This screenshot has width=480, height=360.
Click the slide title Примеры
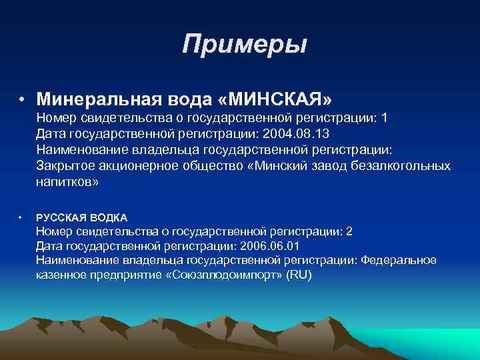[244, 45]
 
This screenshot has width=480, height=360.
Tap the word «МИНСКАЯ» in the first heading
[274, 99]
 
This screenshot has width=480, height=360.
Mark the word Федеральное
[398, 260]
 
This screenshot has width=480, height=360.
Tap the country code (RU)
[298, 275]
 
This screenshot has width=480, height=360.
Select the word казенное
[61, 275]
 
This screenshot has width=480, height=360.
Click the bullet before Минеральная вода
[23, 100]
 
